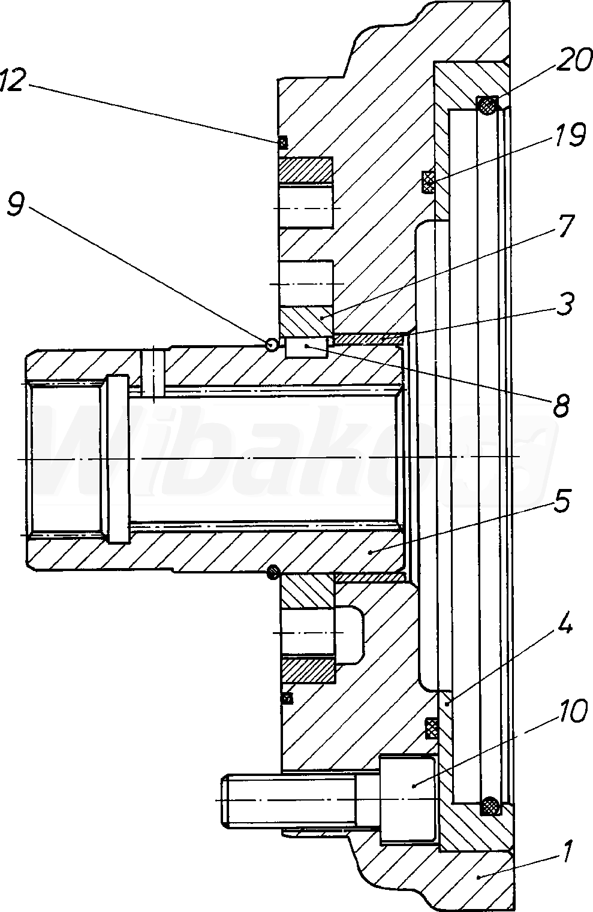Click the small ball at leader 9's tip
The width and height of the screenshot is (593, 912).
tap(272, 345)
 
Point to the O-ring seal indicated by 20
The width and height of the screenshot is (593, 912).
tap(487, 105)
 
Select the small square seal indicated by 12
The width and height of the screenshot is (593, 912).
tap(282, 142)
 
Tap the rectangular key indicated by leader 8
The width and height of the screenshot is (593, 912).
tap(306, 348)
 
